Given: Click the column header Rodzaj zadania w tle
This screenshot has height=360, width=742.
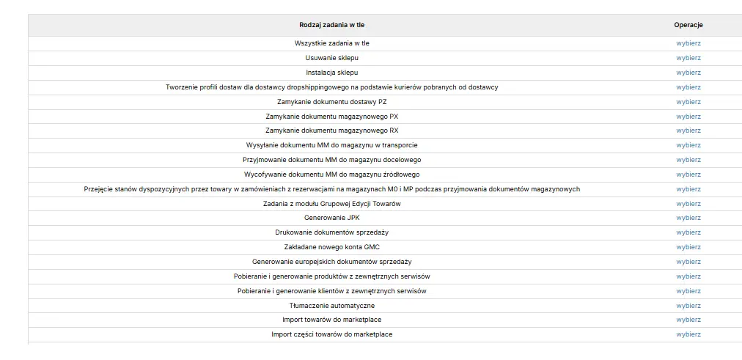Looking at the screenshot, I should tap(331, 25).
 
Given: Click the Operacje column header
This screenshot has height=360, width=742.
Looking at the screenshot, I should tap(688, 25).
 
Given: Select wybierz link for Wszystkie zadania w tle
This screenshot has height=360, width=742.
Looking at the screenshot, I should tap(688, 43).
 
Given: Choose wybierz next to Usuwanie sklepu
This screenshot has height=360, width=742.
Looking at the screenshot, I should tap(688, 58).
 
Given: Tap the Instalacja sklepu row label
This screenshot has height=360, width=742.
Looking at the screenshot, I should tap(331, 73).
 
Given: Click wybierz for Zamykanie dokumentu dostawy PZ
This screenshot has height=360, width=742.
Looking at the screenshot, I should tap(688, 102).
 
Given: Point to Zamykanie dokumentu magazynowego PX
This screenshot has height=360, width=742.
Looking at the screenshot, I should tap(331, 117).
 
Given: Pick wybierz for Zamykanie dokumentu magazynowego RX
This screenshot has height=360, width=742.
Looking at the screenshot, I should tap(688, 131).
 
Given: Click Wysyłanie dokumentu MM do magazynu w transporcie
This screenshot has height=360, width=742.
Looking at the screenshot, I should tap(331, 145).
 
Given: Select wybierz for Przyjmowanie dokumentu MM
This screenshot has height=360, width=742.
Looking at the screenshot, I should tap(688, 160).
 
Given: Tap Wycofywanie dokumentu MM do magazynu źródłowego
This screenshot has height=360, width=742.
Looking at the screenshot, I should tap(331, 175).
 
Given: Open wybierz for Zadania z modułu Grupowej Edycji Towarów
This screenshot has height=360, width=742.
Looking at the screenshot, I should tap(688, 204).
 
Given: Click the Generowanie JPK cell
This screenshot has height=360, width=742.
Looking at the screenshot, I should tap(331, 218).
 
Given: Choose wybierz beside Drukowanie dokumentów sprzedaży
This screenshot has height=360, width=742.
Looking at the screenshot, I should tap(688, 232).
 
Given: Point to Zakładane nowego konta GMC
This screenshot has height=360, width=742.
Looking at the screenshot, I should tap(331, 247).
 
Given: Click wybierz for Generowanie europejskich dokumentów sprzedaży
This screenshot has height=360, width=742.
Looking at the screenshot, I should tap(688, 262).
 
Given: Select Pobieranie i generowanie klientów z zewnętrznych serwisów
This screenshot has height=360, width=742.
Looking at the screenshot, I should tap(331, 291).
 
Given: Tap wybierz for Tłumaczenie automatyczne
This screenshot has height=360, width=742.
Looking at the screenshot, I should tap(688, 306).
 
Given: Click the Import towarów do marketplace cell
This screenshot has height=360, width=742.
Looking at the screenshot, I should tap(331, 320).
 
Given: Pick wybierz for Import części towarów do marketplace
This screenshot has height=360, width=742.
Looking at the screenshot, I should tap(688, 334).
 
